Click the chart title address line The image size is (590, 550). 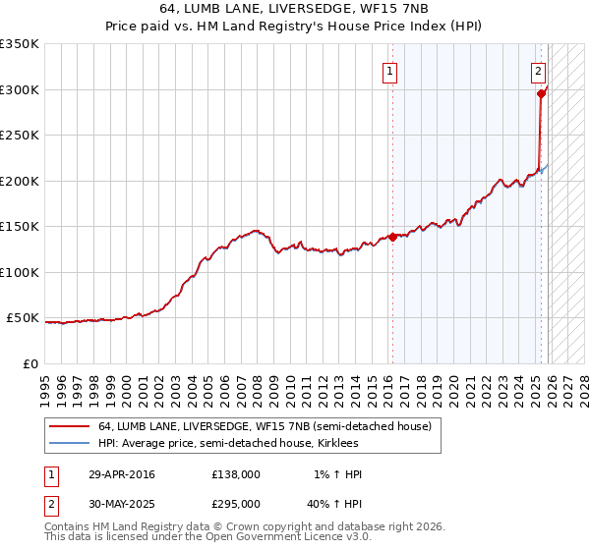coord(295,9)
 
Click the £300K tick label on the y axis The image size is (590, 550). coord(20,89)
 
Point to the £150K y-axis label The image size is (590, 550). coord(20,226)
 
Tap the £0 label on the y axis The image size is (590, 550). coord(29,363)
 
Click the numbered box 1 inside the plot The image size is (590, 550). coord(390,71)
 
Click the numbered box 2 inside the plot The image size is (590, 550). coord(539,71)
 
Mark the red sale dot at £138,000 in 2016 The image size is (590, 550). coord(392,237)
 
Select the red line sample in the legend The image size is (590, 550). coord(69,427)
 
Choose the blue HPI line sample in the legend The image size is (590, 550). coord(69,444)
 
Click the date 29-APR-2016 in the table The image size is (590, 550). coord(122,474)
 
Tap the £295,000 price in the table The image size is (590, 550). coord(236,503)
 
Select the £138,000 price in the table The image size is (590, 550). coord(236,474)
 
